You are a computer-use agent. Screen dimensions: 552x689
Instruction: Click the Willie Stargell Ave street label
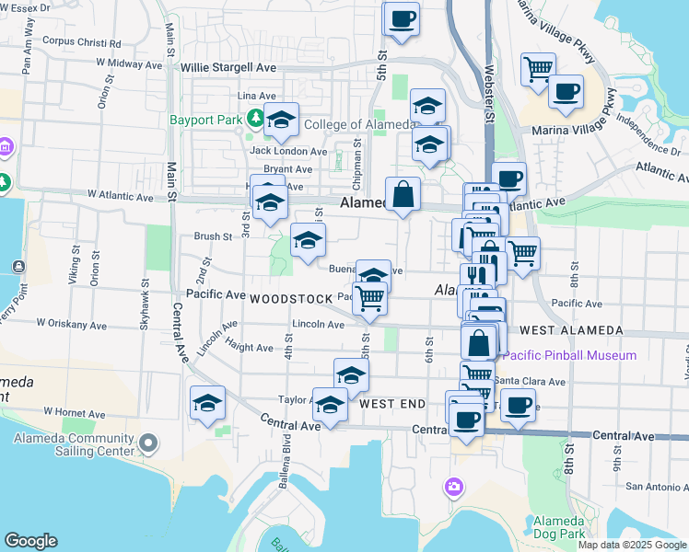coord(228,68)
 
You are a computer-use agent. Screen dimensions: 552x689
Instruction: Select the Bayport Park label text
coord(205,120)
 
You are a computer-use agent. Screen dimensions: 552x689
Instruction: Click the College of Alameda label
coord(358,125)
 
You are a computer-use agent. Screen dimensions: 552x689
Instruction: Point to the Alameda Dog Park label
coord(559,527)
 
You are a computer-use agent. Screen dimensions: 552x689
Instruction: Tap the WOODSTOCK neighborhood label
coord(289,299)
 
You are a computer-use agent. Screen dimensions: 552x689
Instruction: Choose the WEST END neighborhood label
coord(392,404)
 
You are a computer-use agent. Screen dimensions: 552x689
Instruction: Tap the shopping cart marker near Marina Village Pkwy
coord(538,69)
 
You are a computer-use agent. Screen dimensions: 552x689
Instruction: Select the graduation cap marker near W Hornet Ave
coord(208,403)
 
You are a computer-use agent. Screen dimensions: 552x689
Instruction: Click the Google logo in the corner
coord(30,541)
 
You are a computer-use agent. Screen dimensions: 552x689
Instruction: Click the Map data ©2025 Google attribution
coord(632,545)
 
